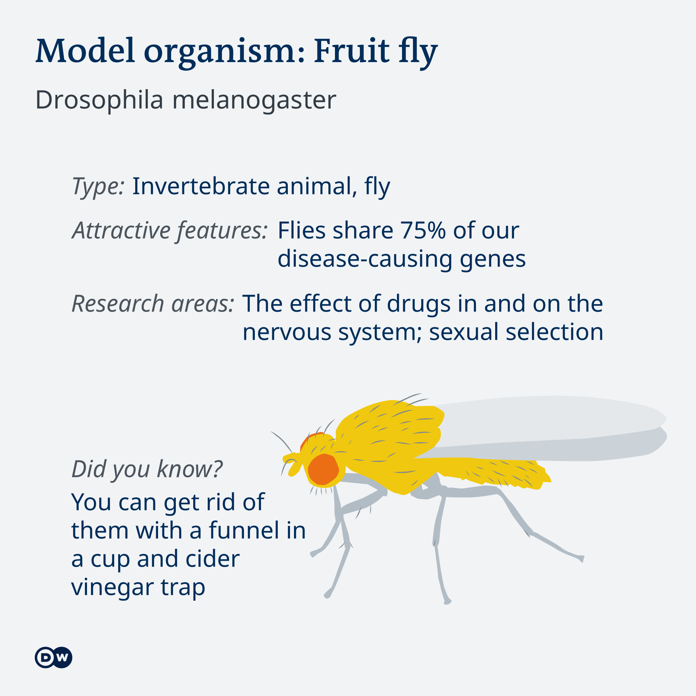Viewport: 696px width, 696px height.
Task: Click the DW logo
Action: [54, 657]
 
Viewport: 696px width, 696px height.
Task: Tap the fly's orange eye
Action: [323, 469]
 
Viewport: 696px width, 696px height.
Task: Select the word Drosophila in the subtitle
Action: [99, 100]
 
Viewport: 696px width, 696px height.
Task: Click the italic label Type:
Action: [98, 187]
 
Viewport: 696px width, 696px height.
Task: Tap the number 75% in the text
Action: [423, 230]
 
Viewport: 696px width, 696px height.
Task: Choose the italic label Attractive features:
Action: [170, 231]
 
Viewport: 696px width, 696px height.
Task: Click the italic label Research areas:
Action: [153, 303]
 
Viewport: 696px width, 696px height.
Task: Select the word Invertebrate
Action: [201, 186]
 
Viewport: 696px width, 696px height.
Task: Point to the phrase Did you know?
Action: [147, 469]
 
